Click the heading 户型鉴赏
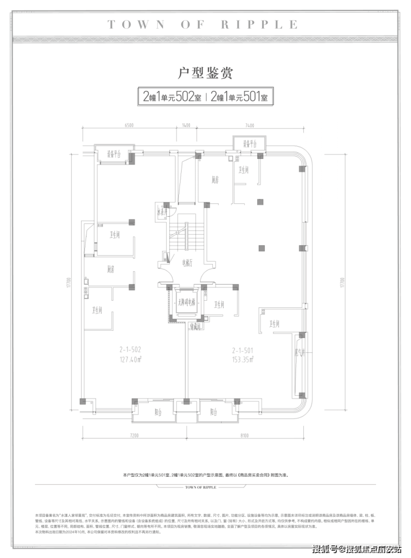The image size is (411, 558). point(205,72)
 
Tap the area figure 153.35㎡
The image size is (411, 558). point(243,359)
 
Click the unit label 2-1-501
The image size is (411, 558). point(243,351)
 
